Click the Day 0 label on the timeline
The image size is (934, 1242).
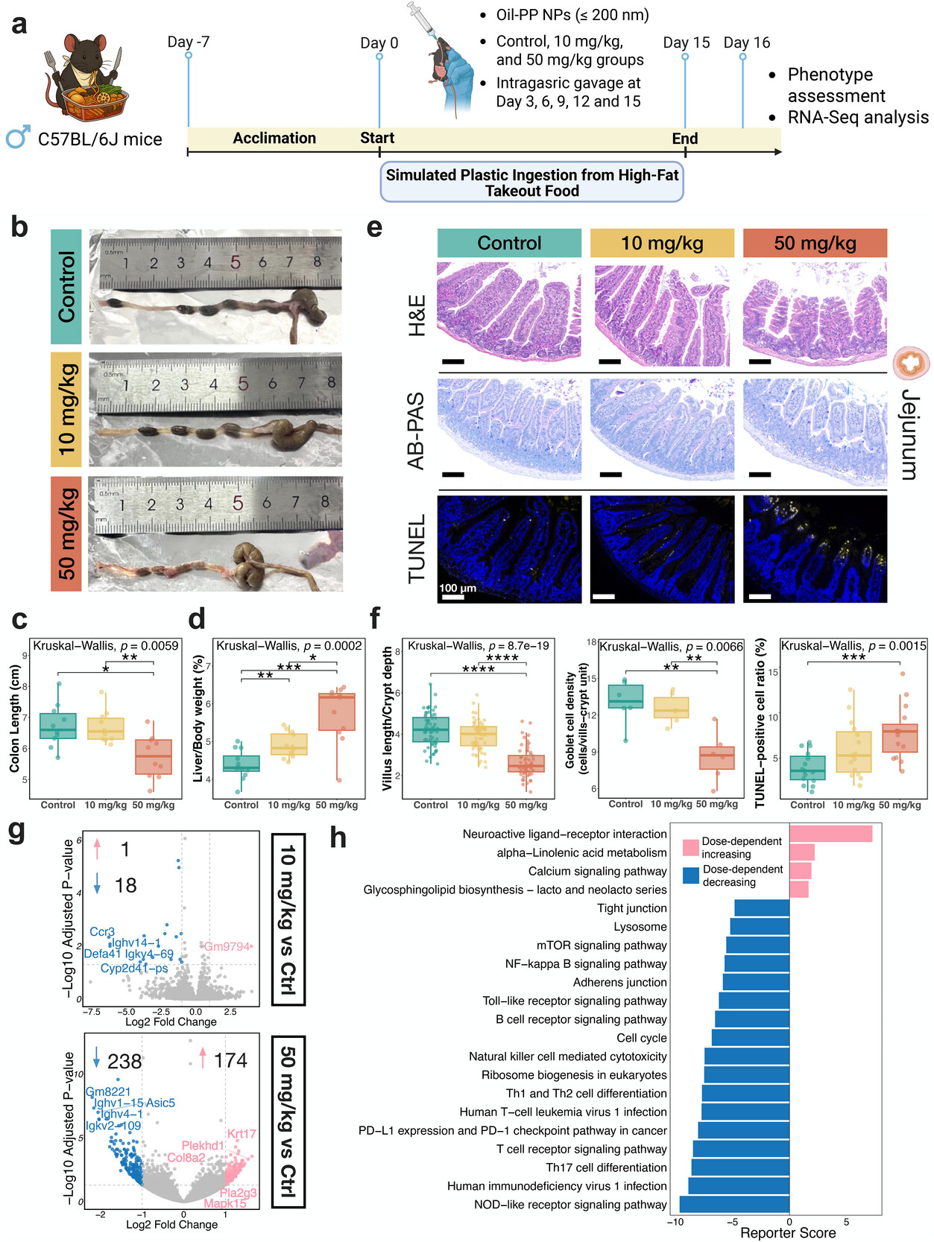click(379, 43)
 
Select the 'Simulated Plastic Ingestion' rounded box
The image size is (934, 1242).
click(531, 183)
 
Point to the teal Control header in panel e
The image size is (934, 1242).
click(509, 243)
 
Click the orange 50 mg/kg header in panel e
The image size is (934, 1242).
click(815, 243)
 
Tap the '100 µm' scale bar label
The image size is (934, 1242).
click(458, 588)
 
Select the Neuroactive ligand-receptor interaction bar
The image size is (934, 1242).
click(830, 834)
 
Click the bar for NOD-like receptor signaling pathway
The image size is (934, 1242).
click(734, 1205)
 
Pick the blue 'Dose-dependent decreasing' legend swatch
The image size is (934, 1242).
click(691, 875)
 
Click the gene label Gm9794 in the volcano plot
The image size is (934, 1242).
click(227, 946)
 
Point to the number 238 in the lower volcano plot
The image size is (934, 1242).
click(124, 1061)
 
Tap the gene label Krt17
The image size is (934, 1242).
click(242, 1134)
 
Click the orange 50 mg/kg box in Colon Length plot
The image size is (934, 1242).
click(154, 757)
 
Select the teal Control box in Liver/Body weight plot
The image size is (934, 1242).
click(242, 764)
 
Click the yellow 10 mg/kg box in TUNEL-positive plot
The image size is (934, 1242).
click(853, 751)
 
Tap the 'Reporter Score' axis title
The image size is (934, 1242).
click(788, 1233)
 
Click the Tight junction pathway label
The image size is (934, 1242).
click(632, 908)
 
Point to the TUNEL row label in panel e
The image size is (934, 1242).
click(417, 548)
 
